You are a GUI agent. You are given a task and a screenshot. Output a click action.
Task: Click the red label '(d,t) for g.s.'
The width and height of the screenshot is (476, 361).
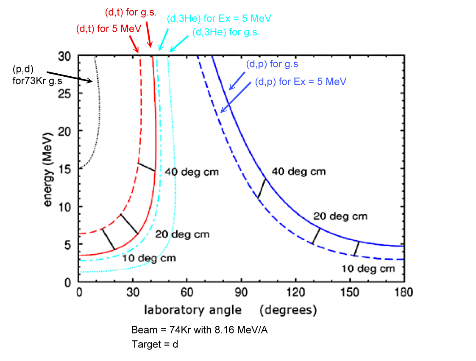click(x=131, y=12)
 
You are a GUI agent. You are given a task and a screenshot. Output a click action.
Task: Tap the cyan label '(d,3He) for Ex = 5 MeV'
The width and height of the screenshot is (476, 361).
click(x=219, y=19)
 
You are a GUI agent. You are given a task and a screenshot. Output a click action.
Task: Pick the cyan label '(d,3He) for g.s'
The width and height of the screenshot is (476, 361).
click(x=225, y=32)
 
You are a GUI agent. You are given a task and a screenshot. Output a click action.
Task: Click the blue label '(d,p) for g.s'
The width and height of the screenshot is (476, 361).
click(x=273, y=64)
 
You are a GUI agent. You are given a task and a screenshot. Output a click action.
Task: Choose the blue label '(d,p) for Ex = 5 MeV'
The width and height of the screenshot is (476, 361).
click(x=301, y=81)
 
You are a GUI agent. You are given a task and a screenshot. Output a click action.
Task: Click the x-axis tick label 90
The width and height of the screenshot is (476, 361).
click(x=241, y=292)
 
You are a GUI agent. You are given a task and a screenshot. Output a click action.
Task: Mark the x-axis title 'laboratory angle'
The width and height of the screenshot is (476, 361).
click(x=193, y=310)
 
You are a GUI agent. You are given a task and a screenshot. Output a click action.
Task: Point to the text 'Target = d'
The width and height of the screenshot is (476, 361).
click(x=155, y=344)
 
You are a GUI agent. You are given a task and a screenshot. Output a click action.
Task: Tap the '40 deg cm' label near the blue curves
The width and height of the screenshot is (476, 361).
click(x=298, y=172)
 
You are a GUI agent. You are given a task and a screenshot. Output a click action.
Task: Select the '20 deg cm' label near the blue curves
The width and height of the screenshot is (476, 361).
click(x=340, y=217)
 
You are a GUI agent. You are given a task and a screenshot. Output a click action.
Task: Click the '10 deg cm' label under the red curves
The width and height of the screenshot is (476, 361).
click(x=149, y=258)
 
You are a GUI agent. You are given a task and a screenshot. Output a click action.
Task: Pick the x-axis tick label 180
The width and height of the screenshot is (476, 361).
click(x=403, y=292)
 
